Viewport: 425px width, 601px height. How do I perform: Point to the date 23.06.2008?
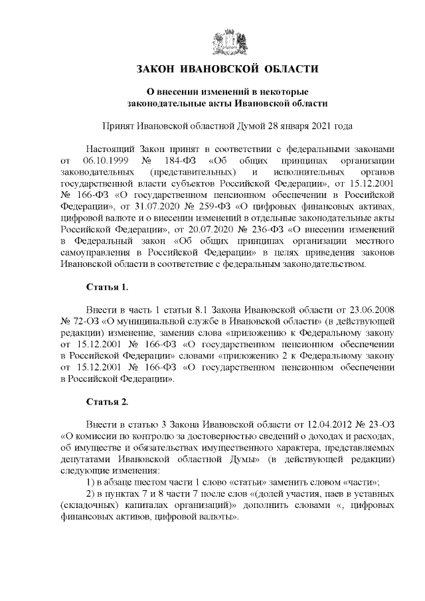pos(373,309)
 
